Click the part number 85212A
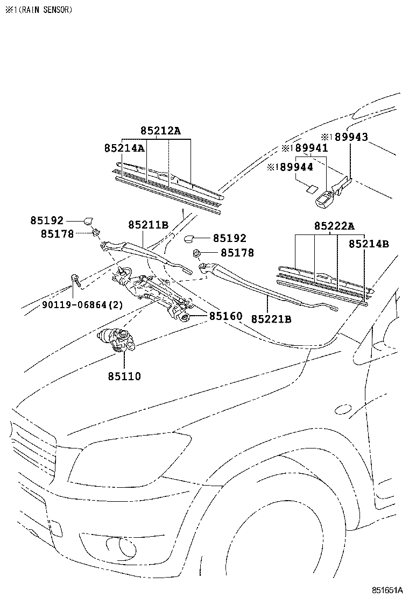click(x=161, y=131)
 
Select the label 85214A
click(x=124, y=148)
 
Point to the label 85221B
click(x=271, y=319)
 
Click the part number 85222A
click(x=335, y=226)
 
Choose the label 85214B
click(x=369, y=244)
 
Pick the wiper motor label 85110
click(x=123, y=376)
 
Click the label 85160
click(x=225, y=316)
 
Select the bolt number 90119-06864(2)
click(x=82, y=305)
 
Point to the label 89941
click(x=308, y=148)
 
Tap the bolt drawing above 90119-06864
click(x=75, y=280)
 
